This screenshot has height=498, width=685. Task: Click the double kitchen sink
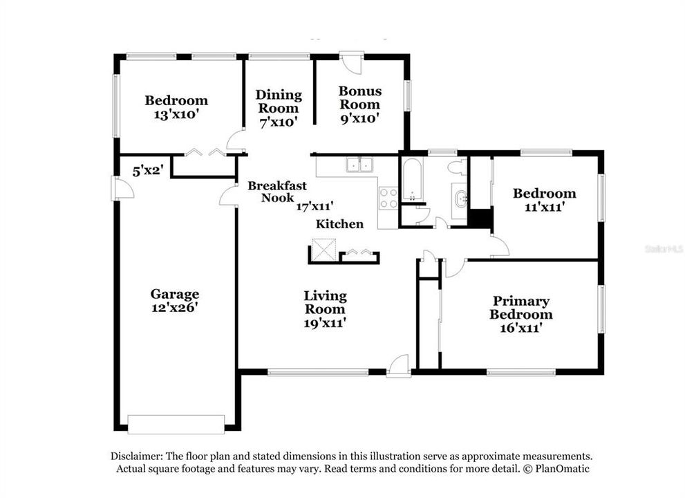359,165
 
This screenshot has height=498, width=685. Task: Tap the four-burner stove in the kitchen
388,199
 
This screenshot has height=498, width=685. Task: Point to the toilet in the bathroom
456,167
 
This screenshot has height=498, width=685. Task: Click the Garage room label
176,294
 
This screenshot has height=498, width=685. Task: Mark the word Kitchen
339,224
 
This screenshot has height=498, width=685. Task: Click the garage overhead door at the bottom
176,423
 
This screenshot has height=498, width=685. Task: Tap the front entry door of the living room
399,367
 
